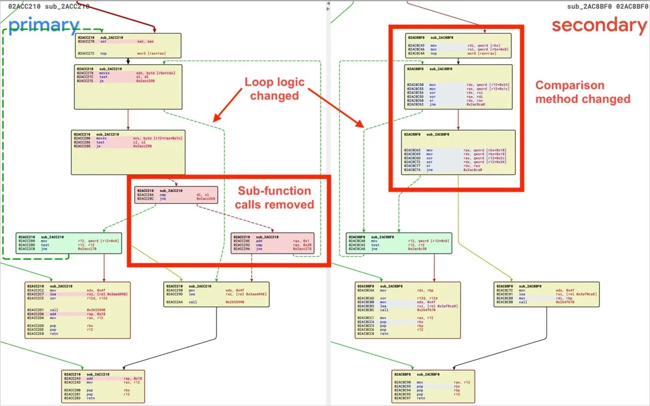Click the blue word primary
44,25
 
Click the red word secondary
599,25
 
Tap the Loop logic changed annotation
274,89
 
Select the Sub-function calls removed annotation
274,198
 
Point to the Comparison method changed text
583,92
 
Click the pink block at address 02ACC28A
176,195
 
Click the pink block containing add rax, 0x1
272,243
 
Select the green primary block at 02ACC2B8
69,243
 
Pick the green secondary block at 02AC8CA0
398,243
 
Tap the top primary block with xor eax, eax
128,45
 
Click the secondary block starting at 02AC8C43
458,45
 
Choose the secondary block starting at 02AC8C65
458,153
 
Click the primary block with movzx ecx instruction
128,153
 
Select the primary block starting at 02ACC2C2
77,310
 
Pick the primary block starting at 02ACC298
215,294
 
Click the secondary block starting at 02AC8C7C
546,294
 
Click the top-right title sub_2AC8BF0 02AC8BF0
607,6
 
